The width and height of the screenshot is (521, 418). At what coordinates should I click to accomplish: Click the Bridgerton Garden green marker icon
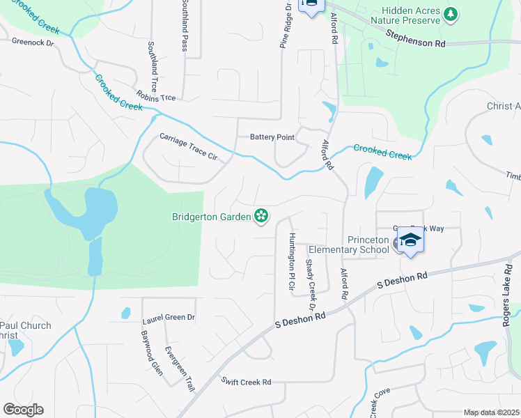point(261,217)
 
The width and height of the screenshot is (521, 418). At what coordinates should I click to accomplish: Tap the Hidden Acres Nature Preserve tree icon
point(451,13)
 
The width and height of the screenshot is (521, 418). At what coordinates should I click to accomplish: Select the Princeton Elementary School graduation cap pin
point(411,241)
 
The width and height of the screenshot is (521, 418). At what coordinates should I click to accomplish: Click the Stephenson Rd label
point(415,38)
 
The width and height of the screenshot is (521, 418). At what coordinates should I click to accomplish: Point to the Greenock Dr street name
point(33,42)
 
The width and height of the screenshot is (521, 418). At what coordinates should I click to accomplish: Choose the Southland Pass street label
point(185,26)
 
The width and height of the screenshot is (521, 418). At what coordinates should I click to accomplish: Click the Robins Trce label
point(156,97)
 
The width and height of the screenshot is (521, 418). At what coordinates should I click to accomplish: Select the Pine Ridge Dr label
point(286,25)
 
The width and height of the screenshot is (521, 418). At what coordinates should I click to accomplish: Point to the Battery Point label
point(272,137)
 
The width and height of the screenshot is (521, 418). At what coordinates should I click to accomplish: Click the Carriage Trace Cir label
point(188,147)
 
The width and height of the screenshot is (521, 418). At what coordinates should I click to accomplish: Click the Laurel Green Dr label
point(169,317)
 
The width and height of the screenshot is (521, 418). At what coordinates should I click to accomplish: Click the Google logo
point(23,410)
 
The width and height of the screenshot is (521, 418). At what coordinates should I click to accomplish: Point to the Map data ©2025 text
point(490,412)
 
